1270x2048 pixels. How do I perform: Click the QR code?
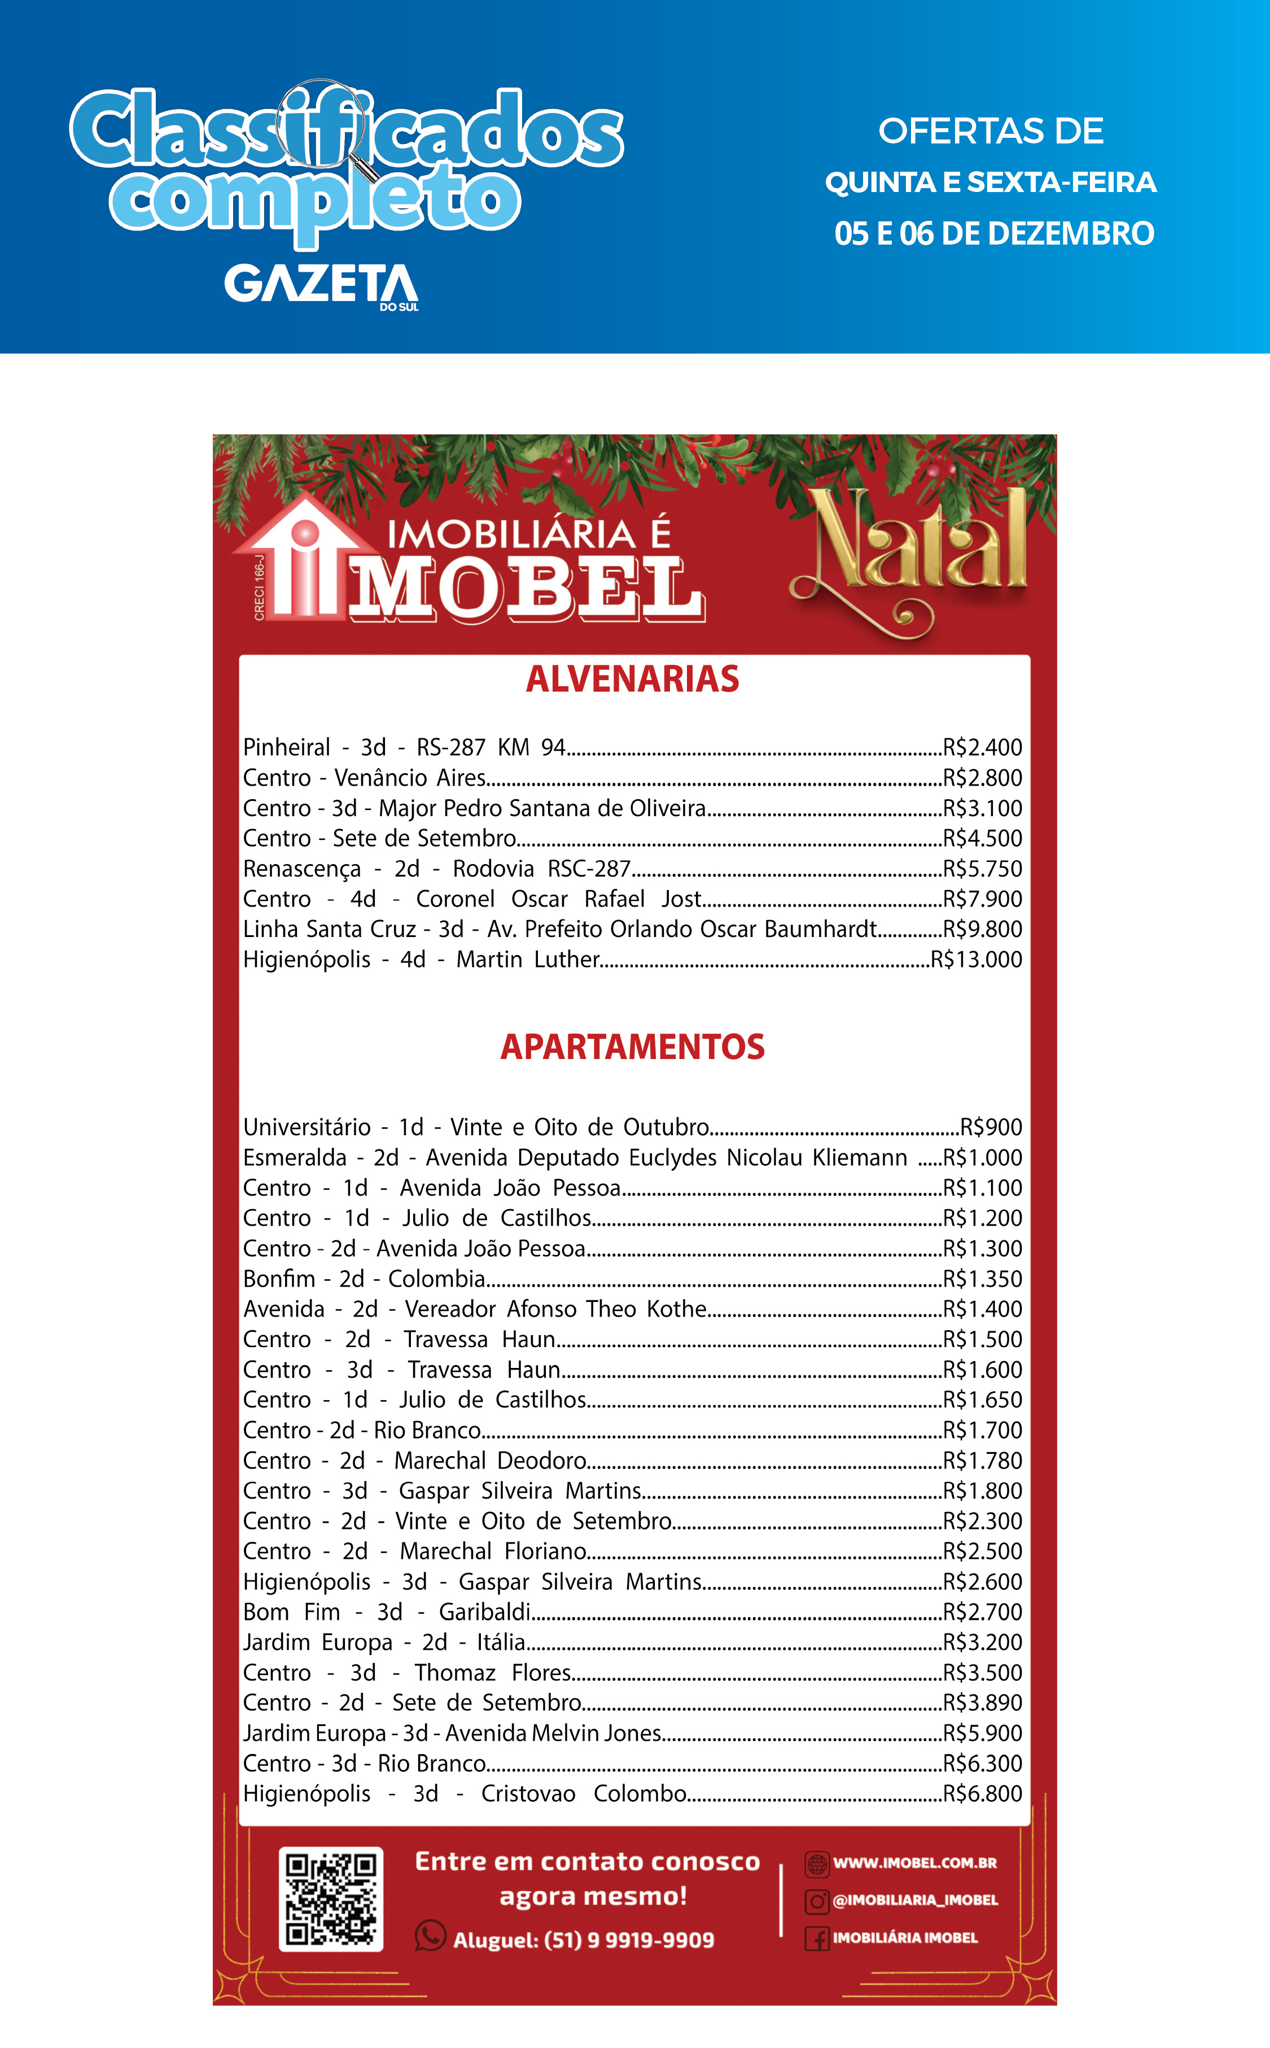click(x=331, y=1898)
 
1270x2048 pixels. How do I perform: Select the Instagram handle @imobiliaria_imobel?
click(x=915, y=1899)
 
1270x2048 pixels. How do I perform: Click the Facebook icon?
click(x=816, y=1938)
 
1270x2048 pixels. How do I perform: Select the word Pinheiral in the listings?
click(x=286, y=747)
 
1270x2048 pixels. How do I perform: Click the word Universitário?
click(x=306, y=1127)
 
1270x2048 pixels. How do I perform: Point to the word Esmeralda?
click(x=294, y=1157)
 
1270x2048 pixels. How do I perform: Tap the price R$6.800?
click(x=982, y=1793)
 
